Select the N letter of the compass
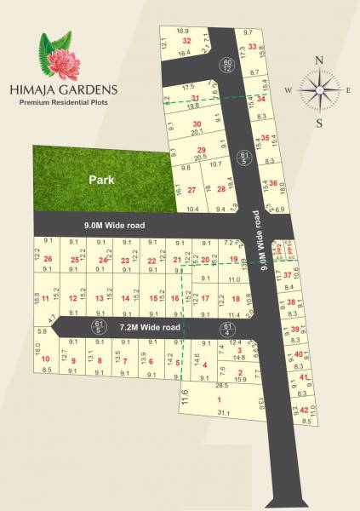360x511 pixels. tap(319, 60)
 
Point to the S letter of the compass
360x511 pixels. tap(319, 122)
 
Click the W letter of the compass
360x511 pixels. tap(289, 90)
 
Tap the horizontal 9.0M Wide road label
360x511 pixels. tap(114, 226)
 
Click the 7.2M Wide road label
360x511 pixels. tap(150, 327)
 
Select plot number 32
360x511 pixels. tap(186, 41)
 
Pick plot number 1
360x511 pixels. tap(220, 399)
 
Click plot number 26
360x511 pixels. tap(48, 259)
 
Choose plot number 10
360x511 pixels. tap(45, 359)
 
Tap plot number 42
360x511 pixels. tap(304, 411)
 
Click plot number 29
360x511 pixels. tap(202, 150)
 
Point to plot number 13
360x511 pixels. tap(99, 298)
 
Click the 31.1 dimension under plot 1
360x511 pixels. tap(224, 413)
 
